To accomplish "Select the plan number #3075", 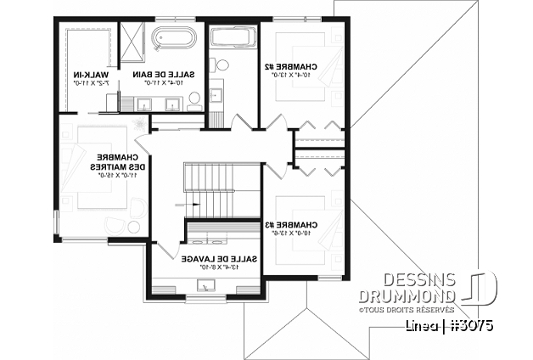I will (x=470, y=325).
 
